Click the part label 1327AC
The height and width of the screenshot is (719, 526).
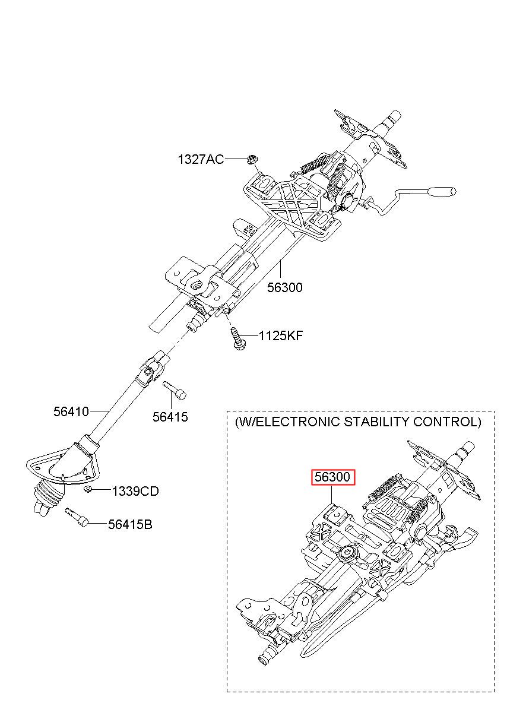[201, 159]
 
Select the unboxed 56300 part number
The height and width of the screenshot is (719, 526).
[284, 287]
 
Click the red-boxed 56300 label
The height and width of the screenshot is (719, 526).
[334, 477]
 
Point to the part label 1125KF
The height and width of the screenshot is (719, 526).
[281, 336]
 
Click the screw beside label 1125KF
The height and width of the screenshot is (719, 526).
[236, 340]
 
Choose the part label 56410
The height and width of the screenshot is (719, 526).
[71, 411]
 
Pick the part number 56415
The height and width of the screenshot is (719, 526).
[170, 417]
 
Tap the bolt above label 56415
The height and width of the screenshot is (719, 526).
[174, 389]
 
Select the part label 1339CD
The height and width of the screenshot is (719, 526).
[135, 492]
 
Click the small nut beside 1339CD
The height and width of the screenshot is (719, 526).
[88, 489]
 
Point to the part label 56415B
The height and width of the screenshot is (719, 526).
[130, 525]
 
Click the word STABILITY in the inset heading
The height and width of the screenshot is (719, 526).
[403, 422]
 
